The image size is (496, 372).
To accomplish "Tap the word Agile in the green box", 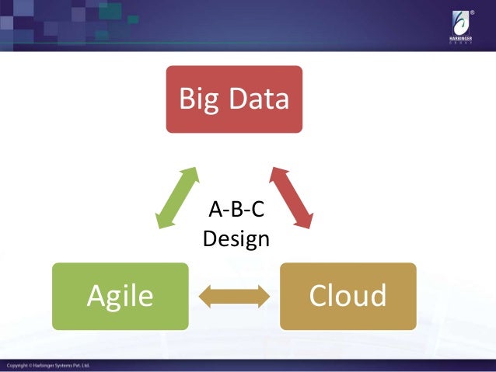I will [120, 296].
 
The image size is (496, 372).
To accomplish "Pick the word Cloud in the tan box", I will [348, 296].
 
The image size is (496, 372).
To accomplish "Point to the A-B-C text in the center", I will [236, 209].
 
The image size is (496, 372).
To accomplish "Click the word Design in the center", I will [236, 238].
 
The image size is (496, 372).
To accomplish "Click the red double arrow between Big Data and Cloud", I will [291, 197].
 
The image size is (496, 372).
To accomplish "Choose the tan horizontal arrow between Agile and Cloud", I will [234, 297].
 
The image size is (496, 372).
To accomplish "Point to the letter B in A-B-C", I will [236, 209].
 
